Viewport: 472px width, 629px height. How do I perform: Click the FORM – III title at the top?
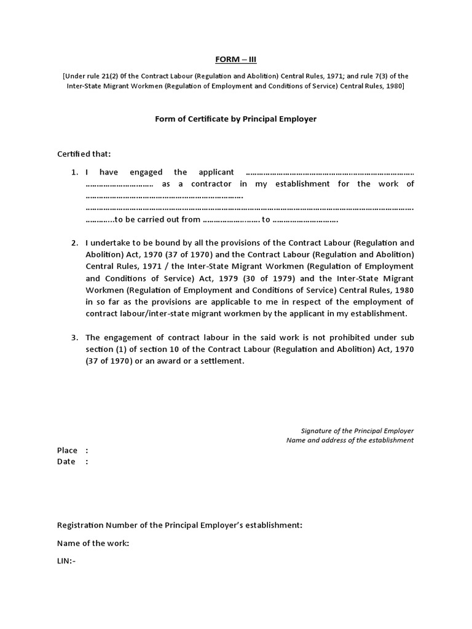[235, 59]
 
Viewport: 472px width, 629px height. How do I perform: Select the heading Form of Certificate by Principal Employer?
[235, 119]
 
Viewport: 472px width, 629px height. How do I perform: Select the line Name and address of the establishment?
[350, 440]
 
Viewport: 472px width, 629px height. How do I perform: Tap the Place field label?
[68, 450]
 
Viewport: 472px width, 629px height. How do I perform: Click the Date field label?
[66, 461]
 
